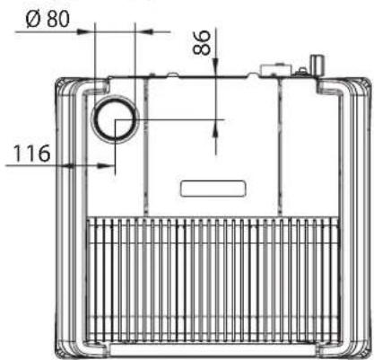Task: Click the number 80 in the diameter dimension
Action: pos(58,19)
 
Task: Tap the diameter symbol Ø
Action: pos(33,20)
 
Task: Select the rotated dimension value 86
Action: pos(201,42)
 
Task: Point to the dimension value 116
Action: pos(31,154)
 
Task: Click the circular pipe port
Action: pos(115,120)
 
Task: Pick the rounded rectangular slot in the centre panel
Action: pos(213,189)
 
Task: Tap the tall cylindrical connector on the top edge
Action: pos(317,66)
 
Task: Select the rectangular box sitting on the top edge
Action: pos(275,69)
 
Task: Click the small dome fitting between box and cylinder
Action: pos(302,72)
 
